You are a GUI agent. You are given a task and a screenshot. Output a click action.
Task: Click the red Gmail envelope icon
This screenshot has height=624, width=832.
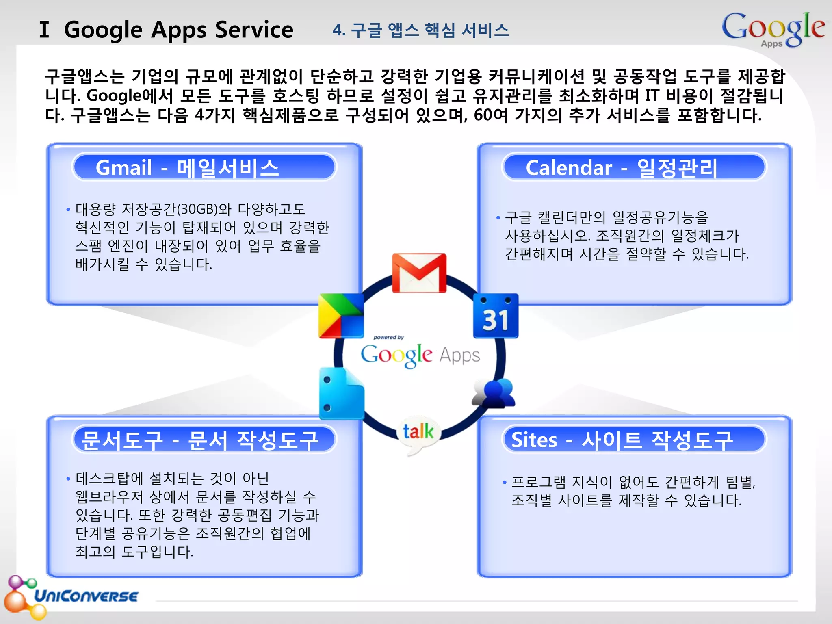(419, 273)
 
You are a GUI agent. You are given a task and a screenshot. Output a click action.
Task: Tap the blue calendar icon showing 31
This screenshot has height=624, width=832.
(496, 316)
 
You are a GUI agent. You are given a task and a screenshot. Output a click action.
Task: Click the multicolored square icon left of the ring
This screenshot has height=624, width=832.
(341, 316)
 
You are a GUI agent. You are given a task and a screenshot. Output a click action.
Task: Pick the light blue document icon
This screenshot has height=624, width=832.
(341, 394)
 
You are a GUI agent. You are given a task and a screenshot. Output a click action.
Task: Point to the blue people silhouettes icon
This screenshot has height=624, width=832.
(494, 393)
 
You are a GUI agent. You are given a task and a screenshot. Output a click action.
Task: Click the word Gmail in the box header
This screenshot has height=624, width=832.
(123, 167)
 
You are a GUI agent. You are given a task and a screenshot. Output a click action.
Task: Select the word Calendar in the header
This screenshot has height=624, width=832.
(568, 167)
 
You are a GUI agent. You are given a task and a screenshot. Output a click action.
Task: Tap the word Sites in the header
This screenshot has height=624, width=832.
(534, 440)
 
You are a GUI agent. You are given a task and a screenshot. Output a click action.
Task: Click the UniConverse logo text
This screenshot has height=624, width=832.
(86, 596)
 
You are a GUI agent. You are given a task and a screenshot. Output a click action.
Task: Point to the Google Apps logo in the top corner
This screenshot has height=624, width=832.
(773, 29)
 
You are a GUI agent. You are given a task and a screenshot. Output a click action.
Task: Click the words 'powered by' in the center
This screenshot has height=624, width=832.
(388, 337)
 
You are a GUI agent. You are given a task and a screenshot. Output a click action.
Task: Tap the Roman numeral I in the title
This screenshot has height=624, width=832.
(44, 30)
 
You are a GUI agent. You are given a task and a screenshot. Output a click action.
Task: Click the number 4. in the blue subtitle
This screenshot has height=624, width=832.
(339, 30)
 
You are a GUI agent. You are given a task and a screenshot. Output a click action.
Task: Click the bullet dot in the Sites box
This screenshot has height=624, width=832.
(505, 483)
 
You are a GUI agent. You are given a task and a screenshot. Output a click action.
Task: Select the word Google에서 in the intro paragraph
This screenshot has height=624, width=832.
(130, 96)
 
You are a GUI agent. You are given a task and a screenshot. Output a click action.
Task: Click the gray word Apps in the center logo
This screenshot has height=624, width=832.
(459, 355)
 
